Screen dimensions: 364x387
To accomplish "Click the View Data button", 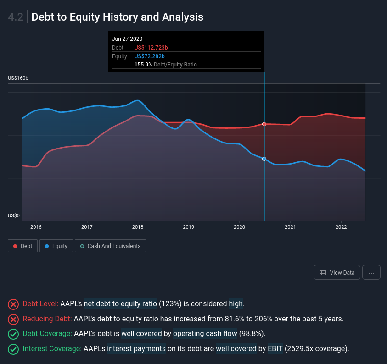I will (337, 272).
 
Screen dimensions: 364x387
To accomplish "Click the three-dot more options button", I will (371, 272).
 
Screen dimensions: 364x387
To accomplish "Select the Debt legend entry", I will (22, 246).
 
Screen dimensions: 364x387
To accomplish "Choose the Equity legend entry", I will (56, 246).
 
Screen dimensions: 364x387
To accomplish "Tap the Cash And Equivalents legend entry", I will (110, 246).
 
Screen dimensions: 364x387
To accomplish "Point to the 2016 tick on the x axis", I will (36, 227).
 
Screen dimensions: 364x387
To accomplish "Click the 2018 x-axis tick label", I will (138, 227).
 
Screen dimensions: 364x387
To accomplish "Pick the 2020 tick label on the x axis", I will (239, 227).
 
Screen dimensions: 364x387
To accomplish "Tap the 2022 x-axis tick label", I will (341, 227).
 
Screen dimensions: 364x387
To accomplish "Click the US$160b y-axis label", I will (18, 78).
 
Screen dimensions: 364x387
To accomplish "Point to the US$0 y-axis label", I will (14, 215).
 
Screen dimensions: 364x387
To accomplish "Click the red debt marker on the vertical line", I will (264, 124).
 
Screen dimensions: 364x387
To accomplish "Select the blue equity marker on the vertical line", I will (264, 159).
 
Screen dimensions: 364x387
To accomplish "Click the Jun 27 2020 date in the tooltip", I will (127, 39).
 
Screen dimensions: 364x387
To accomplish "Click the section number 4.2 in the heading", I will (16, 17).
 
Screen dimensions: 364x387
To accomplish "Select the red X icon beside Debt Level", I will (13, 304).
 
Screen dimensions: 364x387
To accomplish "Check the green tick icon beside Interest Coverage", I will (13, 349).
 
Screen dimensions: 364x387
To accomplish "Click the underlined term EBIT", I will (275, 349).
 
